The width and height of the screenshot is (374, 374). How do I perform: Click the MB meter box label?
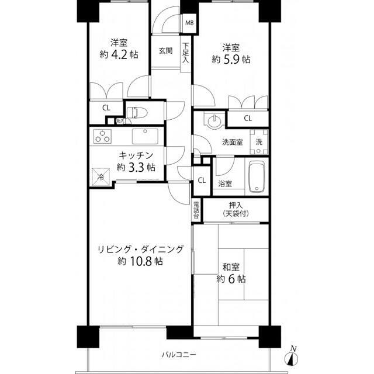pos(189,24)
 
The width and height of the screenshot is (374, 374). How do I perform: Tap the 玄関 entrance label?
pos(165,51)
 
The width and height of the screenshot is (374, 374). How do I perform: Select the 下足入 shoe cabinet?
pos(185,53)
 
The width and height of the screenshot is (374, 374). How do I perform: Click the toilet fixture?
pos(136,112)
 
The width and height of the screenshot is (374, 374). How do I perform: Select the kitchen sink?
pos(144,137)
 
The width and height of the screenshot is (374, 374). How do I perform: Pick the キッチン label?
pos(136,155)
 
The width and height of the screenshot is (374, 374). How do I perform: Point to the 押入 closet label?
pos(235,205)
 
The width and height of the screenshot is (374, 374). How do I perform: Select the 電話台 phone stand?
pos(196,210)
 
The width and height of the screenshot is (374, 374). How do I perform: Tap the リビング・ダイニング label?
pos(140,249)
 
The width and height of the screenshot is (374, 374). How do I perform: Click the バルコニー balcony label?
pos(179,355)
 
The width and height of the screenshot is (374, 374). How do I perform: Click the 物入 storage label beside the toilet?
pos(120,121)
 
